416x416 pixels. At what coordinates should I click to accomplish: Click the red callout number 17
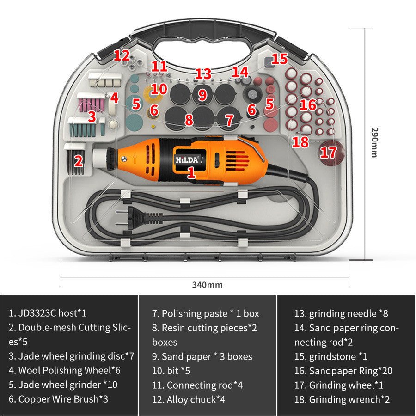[329, 152]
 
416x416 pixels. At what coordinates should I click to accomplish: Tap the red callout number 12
[122, 56]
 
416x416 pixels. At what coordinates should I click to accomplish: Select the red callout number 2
[79, 161]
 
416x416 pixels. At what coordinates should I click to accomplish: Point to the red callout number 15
[279, 59]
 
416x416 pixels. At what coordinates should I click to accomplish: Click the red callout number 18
[300, 142]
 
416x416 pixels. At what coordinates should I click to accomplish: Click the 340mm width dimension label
[207, 285]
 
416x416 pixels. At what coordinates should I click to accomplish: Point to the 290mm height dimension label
[374, 142]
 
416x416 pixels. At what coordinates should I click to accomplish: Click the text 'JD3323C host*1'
[48, 313]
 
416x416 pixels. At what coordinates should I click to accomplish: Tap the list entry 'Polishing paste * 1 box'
[206, 313]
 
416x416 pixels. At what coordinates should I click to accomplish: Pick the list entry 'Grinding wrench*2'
[342, 399]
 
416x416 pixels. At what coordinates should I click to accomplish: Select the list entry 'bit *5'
[171, 371]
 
